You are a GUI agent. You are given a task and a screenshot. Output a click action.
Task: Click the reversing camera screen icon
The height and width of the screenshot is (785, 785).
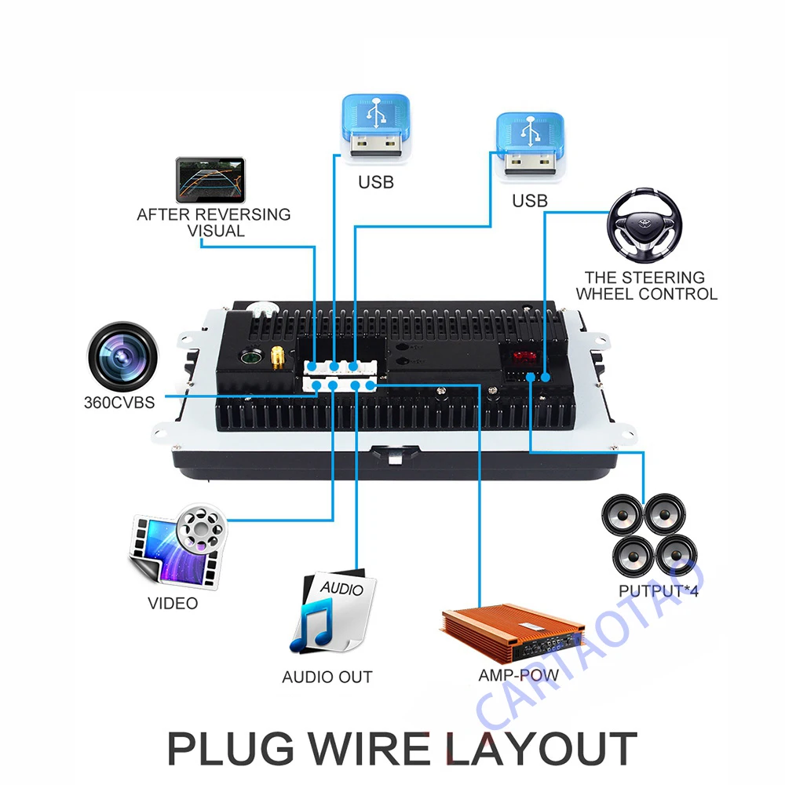click(210, 180)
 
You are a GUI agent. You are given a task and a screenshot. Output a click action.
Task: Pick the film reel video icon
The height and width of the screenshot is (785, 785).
click(177, 546)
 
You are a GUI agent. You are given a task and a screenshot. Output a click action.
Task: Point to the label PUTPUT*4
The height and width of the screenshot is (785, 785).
click(659, 590)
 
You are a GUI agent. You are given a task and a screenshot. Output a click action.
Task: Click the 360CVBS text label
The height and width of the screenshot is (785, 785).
click(119, 403)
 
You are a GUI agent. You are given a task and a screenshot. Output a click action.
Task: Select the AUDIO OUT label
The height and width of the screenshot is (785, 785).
click(327, 677)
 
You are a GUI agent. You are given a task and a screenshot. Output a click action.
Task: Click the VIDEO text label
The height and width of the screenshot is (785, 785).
click(173, 604)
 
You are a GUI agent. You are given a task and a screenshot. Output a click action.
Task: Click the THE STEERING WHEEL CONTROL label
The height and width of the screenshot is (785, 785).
click(646, 286)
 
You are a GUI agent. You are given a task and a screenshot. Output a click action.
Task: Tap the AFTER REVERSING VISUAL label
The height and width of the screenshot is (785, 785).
click(214, 222)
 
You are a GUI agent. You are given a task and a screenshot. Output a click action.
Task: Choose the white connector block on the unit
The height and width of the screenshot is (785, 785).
click(339, 375)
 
